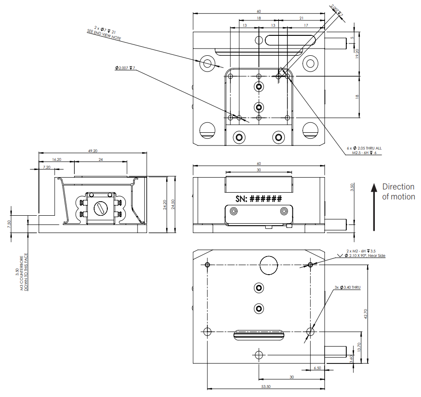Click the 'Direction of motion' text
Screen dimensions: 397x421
pos(398,192)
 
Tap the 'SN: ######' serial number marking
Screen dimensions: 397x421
pos(259,198)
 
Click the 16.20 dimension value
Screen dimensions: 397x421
pos(57,160)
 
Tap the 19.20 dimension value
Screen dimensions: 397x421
pos(357,54)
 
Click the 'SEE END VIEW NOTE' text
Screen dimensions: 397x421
pos(104,34)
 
